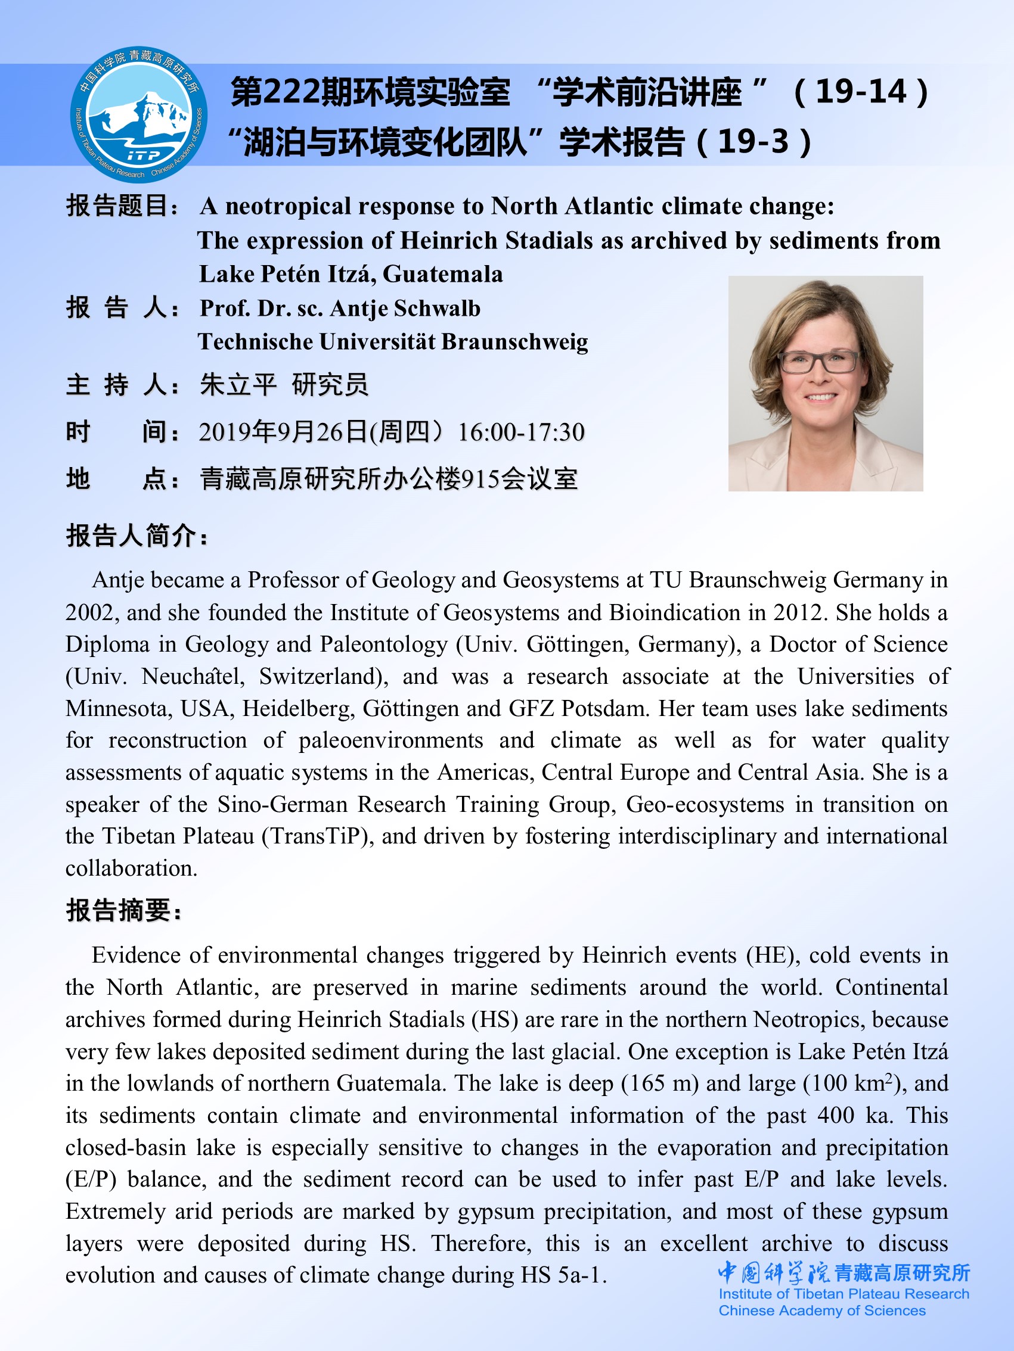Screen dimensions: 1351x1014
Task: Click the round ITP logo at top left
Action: (x=139, y=115)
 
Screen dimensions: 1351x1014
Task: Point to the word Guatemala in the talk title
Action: (x=442, y=274)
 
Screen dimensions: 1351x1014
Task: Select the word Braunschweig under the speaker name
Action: (x=514, y=342)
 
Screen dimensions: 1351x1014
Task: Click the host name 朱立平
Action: (x=238, y=385)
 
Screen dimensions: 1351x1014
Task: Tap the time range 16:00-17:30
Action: (x=522, y=432)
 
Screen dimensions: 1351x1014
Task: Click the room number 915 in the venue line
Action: (x=480, y=480)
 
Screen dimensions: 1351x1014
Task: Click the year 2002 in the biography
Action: (x=91, y=612)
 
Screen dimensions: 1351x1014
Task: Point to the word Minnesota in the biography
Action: (x=116, y=709)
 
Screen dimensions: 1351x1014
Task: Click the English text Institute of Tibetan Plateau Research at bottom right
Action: (x=844, y=1294)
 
